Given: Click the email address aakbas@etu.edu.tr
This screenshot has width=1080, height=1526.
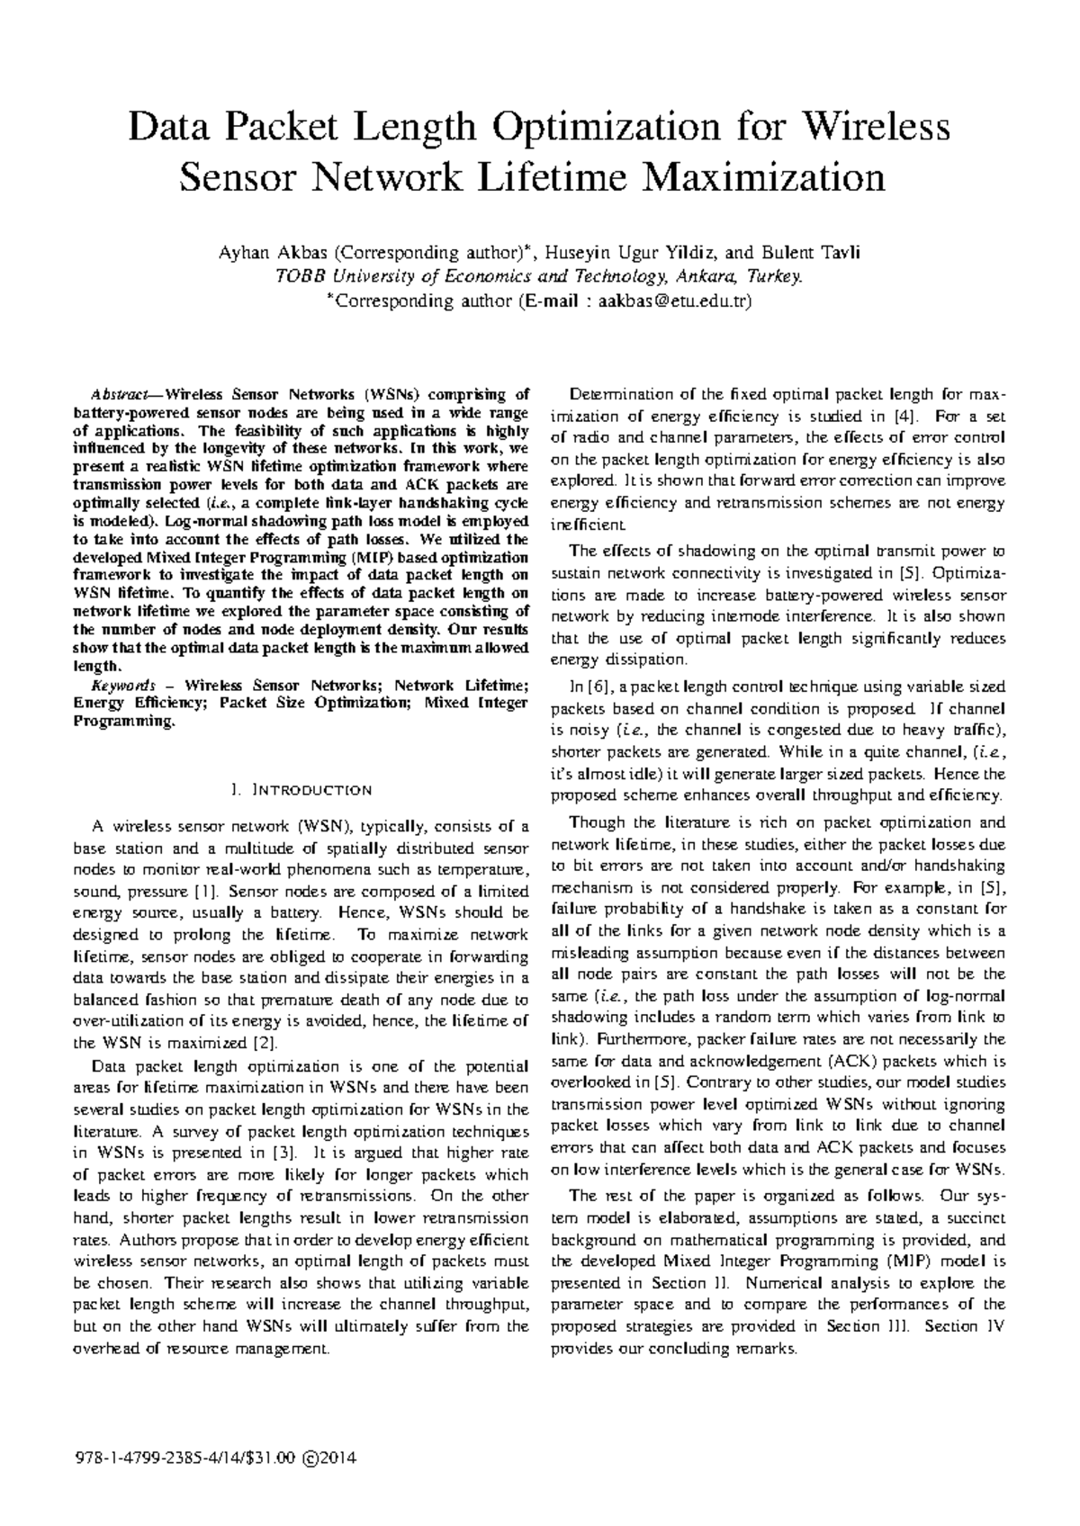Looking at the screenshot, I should pyautogui.click(x=668, y=301).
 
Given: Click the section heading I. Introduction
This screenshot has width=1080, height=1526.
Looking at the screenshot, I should pyautogui.click(x=301, y=790).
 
